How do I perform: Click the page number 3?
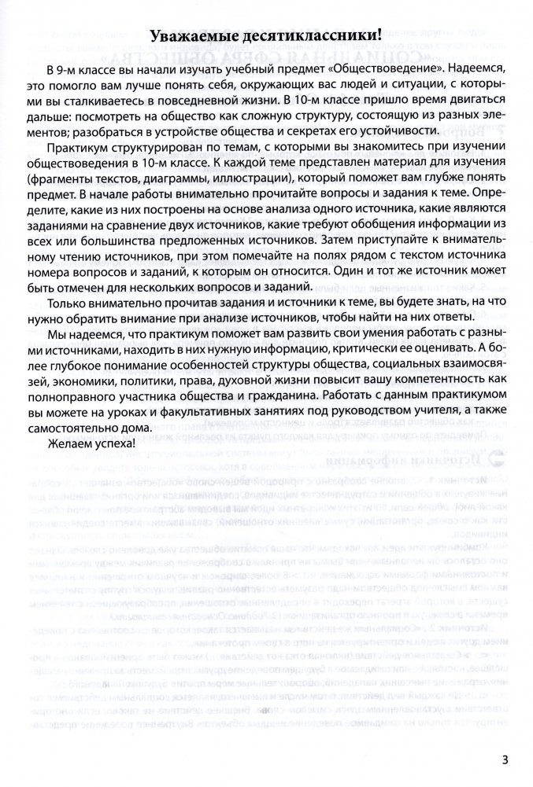[x=504, y=759]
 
